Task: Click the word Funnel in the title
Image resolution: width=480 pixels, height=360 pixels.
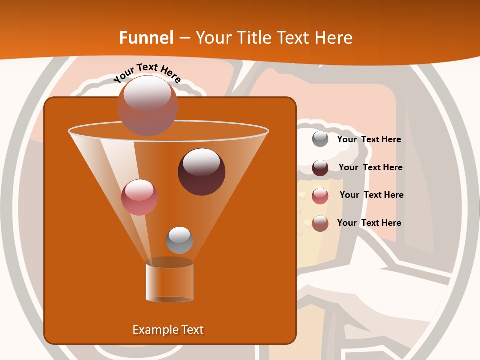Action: click(x=146, y=38)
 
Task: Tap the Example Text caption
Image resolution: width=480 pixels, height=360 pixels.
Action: click(x=168, y=330)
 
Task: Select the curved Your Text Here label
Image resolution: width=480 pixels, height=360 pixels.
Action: click(x=147, y=72)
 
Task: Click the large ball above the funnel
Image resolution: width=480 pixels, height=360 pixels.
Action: click(x=147, y=105)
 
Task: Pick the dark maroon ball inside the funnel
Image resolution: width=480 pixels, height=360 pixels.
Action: click(x=201, y=171)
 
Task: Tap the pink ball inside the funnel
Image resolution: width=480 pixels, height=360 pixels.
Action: click(x=139, y=197)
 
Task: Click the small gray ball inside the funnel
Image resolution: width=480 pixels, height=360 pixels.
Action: click(x=179, y=240)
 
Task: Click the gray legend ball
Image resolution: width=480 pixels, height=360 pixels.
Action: click(x=320, y=139)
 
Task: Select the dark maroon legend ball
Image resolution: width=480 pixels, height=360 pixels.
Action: click(x=320, y=168)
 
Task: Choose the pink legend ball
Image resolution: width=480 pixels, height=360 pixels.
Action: click(x=320, y=196)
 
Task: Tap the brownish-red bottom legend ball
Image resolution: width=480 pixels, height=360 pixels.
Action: click(x=320, y=223)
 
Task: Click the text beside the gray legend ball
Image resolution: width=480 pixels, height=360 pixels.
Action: click(x=369, y=140)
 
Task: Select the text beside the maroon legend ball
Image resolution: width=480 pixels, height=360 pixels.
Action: click(x=370, y=168)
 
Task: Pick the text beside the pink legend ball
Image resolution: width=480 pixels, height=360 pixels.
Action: click(x=371, y=195)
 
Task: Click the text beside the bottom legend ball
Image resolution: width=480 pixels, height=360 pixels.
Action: click(x=369, y=223)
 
